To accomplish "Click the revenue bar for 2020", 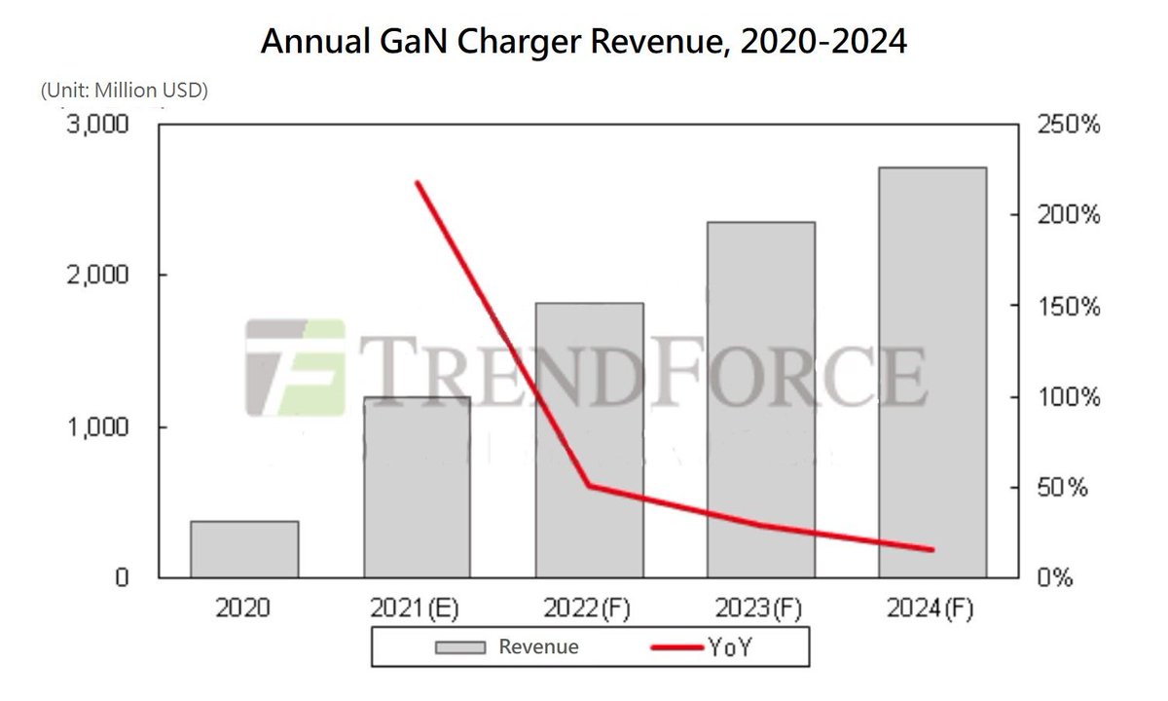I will pos(244,549).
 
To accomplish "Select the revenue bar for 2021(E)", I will pos(417,487).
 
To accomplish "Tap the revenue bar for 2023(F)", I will pos(761,399).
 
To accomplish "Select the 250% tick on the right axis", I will pos(1068,127).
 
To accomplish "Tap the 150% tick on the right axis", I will pos(1068,307).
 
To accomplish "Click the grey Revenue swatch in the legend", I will pos(459,647).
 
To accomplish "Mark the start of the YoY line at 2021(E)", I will pos(418,183).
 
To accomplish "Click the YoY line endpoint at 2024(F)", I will pos(931,550).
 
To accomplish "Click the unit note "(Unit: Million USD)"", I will pos(125,91).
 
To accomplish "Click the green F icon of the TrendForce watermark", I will pos(294,366).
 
